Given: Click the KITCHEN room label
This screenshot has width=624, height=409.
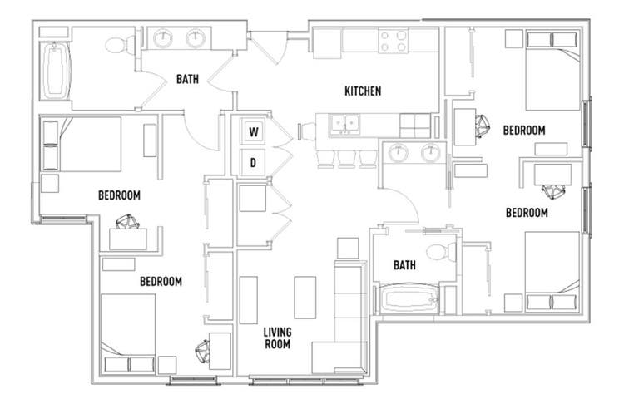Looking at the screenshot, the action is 363,91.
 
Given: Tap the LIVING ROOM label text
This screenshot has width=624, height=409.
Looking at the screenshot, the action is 277,338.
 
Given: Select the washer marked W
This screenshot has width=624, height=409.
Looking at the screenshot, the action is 253,131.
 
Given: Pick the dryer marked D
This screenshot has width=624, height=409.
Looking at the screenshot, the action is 253,162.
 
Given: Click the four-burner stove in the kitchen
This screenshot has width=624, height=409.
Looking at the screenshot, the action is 394,42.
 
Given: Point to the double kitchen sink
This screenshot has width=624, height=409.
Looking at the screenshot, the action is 344,125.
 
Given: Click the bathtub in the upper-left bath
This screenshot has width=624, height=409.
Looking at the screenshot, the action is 56,71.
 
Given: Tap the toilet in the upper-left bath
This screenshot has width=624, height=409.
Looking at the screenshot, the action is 121,45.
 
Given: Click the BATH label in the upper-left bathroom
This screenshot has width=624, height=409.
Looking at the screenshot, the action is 187,79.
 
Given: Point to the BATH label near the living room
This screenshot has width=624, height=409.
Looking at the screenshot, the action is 404,265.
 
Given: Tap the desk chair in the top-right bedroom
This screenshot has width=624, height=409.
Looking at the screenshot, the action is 483,126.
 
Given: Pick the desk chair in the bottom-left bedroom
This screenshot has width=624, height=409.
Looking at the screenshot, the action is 203,352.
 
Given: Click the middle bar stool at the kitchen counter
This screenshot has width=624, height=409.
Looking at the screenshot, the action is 346,158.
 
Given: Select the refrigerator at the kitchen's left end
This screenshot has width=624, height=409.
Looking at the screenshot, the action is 327,43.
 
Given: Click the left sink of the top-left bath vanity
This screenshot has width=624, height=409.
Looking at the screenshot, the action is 163,38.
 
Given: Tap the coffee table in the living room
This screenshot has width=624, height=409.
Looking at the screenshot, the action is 305,298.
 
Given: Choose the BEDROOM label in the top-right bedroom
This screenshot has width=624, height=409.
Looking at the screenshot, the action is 524,130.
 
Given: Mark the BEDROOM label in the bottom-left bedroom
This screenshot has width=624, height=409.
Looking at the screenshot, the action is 161,282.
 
